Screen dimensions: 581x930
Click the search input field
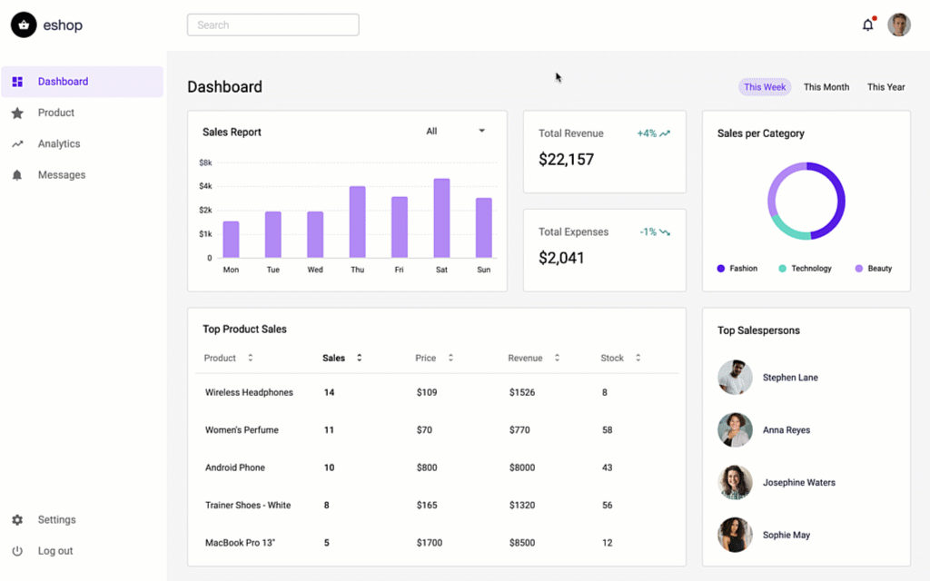tap(272, 25)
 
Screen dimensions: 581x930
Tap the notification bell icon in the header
tap(867, 25)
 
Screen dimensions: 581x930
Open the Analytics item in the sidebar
tap(59, 143)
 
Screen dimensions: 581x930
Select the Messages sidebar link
tap(61, 174)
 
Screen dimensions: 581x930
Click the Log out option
tap(54, 551)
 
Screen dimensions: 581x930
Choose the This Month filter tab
tap(826, 87)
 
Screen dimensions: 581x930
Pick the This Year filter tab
tap(885, 87)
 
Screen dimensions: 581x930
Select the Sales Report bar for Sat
tap(441, 219)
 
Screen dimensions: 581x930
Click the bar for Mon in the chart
tap(231, 240)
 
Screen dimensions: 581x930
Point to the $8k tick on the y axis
tap(205, 162)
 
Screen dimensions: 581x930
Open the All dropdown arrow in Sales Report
tap(481, 132)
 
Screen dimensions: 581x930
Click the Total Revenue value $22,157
tap(566, 160)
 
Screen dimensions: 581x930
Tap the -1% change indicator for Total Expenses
tap(654, 232)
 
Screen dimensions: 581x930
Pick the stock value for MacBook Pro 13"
tap(606, 543)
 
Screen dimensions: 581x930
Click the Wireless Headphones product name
tap(249, 392)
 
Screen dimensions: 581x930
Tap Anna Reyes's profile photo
tap(735, 430)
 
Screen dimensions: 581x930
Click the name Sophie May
tap(786, 535)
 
